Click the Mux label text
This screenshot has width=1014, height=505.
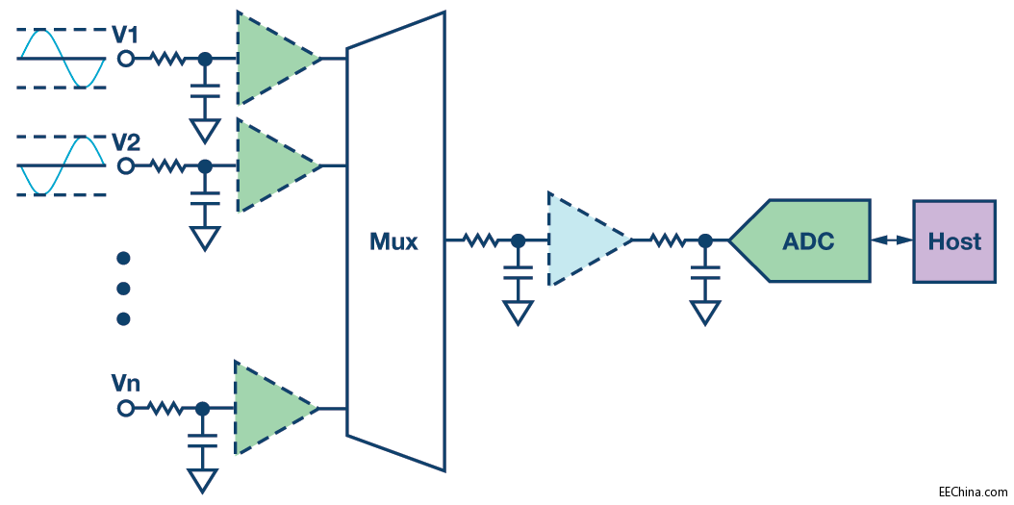393,241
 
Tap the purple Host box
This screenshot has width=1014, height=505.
953,240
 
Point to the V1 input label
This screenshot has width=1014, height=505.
126,36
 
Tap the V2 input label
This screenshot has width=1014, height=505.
126,143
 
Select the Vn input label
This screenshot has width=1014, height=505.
125,385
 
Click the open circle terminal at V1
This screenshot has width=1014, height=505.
125,59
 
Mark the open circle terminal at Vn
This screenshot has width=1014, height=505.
125,409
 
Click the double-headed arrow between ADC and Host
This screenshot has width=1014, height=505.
891,240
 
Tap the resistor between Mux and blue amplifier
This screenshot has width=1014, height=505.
480,240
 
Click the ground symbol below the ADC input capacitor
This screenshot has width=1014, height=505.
705,312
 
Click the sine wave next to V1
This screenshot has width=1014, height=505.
61,59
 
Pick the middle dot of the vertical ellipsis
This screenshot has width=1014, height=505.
123,288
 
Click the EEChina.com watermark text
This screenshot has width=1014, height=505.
973,491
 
